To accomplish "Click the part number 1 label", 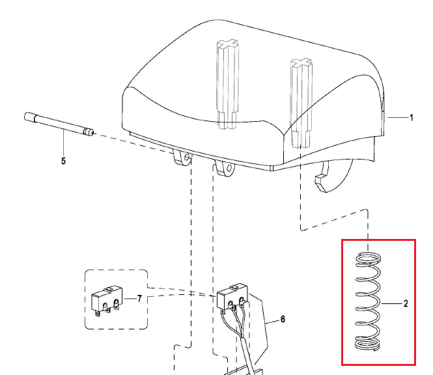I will [412, 118].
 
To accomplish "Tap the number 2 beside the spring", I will [406, 303].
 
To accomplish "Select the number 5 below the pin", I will [63, 161].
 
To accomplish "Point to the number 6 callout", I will [283, 319].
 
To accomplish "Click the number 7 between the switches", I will [139, 298].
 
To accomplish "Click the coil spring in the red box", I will [368, 303].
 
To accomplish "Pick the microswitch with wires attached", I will [232, 298].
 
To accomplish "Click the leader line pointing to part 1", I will [397, 118].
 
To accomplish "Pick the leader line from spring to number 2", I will [390, 304].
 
